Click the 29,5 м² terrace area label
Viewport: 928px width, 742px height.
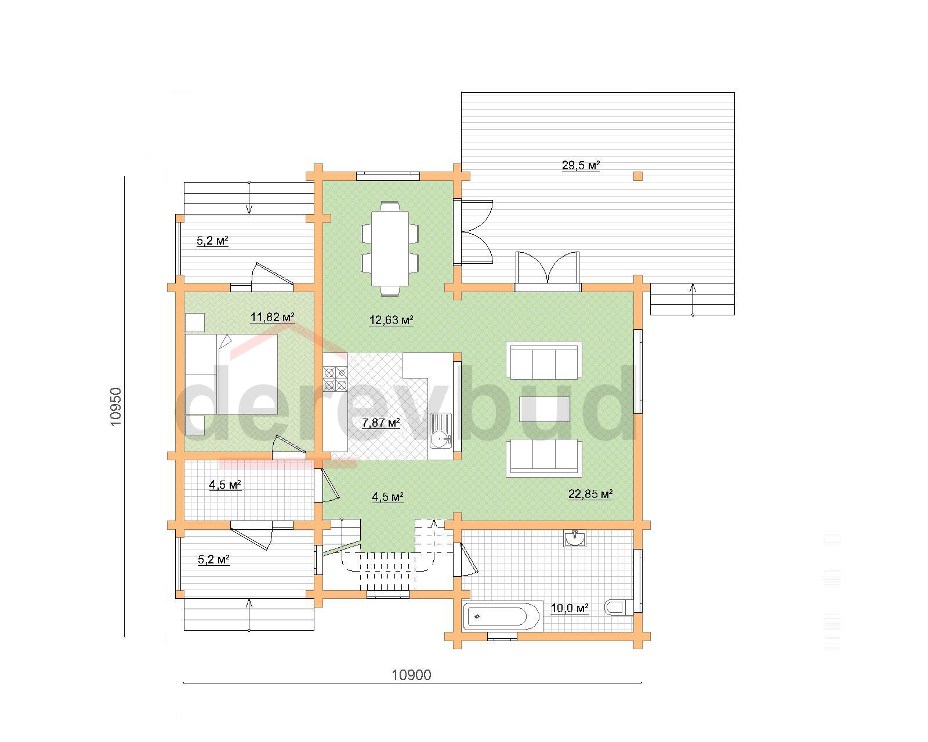[x=581, y=165]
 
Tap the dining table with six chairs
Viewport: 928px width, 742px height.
[x=390, y=248]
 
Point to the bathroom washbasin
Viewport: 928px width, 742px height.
[x=574, y=539]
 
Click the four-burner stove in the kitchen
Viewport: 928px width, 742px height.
[x=335, y=379]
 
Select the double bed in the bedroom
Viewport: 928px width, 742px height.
[x=231, y=374]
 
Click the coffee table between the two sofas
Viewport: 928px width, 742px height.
[x=544, y=409]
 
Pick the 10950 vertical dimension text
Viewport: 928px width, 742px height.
[x=115, y=406]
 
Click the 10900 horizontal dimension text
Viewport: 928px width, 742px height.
[x=411, y=675]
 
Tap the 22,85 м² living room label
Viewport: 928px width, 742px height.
[x=590, y=494]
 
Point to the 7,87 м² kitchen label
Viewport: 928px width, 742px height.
[x=381, y=423]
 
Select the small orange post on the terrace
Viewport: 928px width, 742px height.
[x=638, y=176]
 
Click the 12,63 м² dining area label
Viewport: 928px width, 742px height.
[x=391, y=320]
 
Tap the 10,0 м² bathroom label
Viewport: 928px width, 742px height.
[x=570, y=608]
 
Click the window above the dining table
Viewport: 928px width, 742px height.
[x=387, y=176]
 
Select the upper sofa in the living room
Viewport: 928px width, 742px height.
[x=544, y=361]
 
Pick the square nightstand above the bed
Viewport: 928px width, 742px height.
[x=195, y=322]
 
